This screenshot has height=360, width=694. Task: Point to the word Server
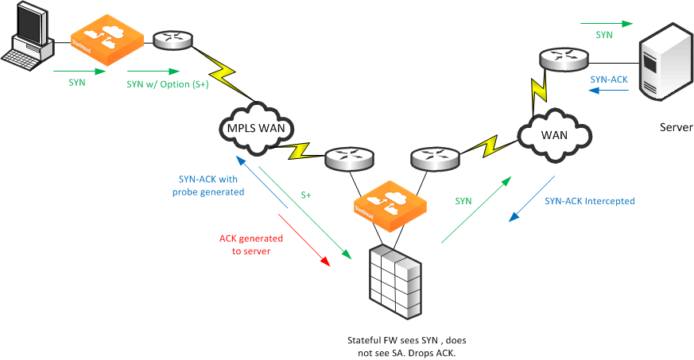coord(676,127)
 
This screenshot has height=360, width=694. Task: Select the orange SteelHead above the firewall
coord(390,206)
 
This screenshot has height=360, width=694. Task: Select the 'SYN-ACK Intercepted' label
coord(589,201)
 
